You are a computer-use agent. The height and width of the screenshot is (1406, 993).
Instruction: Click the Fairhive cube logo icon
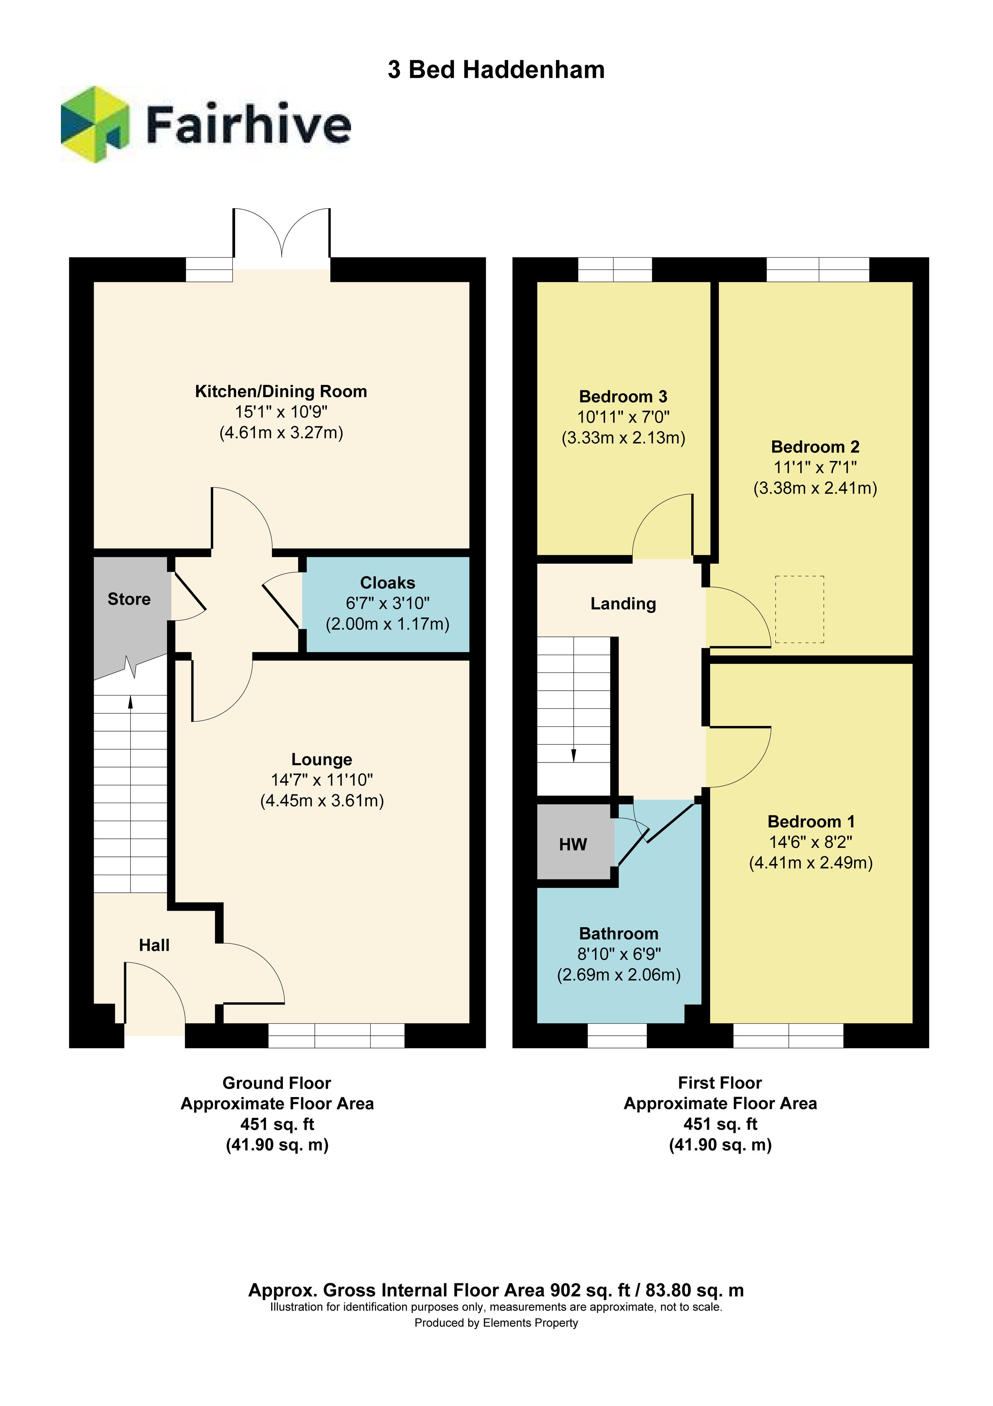[x=95, y=124]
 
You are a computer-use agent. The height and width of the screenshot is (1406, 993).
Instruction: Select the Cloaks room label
[x=387, y=583]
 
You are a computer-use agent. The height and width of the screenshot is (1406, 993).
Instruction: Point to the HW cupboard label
[x=573, y=845]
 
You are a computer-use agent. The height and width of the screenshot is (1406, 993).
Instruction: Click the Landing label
[x=623, y=604]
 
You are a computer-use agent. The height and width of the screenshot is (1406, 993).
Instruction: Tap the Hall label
[x=154, y=945]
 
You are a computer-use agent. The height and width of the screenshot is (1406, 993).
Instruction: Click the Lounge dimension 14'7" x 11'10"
[x=322, y=780]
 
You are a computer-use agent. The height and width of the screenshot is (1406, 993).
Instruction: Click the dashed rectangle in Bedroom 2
[x=800, y=609]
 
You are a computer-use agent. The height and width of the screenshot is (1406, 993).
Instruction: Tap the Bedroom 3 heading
[x=623, y=397]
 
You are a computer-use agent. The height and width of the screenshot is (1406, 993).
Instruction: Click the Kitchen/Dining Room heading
[x=281, y=391]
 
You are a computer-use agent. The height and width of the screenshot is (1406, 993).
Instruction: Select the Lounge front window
[x=336, y=1036]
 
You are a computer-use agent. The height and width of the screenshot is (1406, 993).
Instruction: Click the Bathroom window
[x=617, y=1036]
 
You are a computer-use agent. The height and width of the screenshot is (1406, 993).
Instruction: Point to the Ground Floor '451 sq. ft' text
[x=277, y=1124]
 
